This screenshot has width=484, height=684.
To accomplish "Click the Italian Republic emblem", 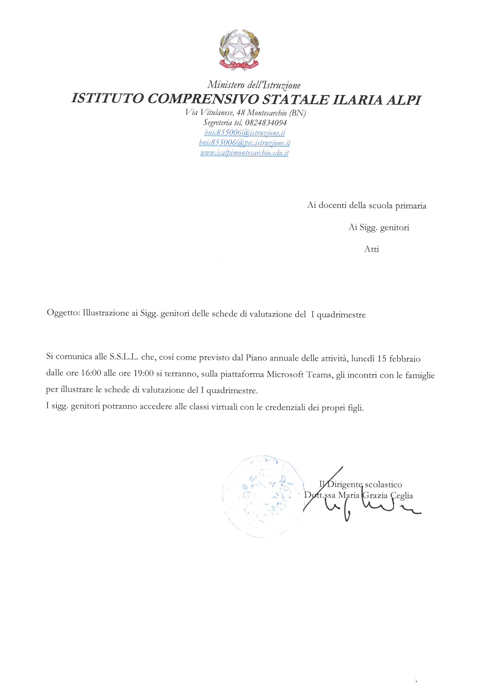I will (240, 49).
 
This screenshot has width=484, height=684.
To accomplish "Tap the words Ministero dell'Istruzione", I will (254, 85).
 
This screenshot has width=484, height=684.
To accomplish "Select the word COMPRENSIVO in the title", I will (203, 99).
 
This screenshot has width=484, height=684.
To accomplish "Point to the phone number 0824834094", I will (266, 123).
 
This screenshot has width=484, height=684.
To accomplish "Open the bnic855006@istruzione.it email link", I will (244, 133).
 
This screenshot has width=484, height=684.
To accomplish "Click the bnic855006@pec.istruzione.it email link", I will (244, 143).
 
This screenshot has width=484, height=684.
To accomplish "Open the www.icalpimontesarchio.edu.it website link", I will (244, 153).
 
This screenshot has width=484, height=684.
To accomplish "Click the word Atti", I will (371, 249).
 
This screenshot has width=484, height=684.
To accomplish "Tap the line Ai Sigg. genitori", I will (378, 228).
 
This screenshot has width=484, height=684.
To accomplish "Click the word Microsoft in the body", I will (285, 374).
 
